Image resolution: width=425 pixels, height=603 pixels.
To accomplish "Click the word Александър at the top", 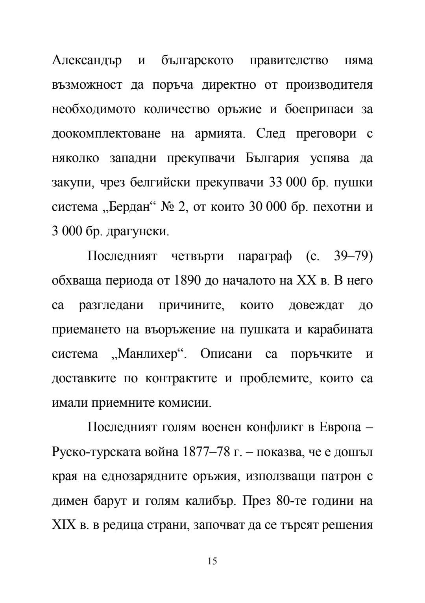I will tap(87, 61).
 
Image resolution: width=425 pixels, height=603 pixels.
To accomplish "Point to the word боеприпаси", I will tap(319, 110).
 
